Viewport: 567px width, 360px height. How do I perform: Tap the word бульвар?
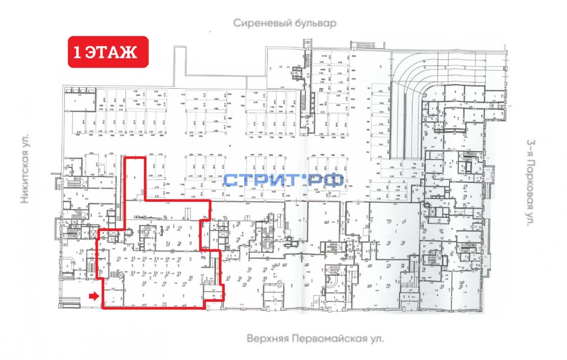tap(314, 23)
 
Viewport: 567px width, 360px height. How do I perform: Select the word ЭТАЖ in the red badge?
tap(110, 52)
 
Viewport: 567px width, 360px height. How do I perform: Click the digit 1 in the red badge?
tap(77, 52)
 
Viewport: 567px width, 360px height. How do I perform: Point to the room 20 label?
tap(91, 275)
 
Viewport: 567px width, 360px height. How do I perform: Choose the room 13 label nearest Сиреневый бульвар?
tap(280, 67)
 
